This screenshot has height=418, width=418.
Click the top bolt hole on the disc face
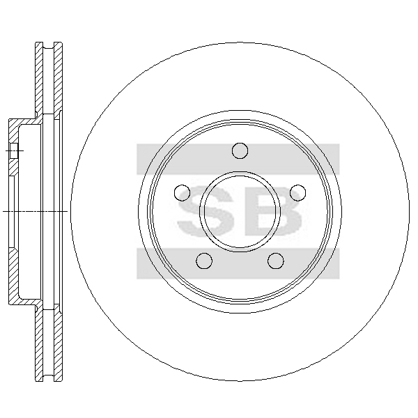[240, 150]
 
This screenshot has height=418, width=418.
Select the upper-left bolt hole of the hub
[182, 192]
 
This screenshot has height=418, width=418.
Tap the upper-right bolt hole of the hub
[297, 192]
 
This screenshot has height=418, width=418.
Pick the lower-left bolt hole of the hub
[204, 261]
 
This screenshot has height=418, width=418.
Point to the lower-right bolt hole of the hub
[276, 261]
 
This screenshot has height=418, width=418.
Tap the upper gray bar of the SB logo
[238, 159]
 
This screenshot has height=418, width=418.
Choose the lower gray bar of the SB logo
[238, 263]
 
